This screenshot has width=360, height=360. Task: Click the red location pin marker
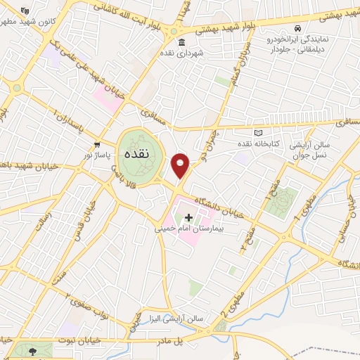pos(181,166)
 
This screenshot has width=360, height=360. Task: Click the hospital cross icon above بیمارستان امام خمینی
pos(188,218)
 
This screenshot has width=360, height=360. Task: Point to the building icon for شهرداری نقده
pos(181,42)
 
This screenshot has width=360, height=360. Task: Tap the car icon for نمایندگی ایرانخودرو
pos(297,29)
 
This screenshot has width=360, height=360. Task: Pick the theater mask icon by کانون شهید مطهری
pos(26,11)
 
